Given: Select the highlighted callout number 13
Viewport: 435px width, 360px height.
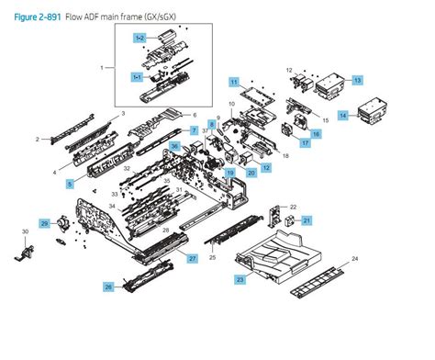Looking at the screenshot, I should coord(358,80).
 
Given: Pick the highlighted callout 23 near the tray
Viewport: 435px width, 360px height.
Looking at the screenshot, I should coord(240,278).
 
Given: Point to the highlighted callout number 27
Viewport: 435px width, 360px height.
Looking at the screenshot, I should coord(193,260).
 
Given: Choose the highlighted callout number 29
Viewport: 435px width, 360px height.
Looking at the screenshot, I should coord(43,223).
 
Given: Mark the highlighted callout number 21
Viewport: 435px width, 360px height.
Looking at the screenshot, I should coord(307,219).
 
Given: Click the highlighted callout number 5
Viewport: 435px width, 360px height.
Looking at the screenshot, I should coord(70,184).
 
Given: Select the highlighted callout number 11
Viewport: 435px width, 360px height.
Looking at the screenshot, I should coord(233,83).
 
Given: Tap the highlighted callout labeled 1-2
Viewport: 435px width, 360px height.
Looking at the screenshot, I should coord(139,38).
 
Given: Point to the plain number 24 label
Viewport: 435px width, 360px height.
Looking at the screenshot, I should coord(355,258).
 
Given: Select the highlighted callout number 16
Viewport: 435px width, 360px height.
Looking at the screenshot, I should coord(315,134).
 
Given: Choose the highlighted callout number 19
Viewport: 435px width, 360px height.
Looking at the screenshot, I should coord(230,172).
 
